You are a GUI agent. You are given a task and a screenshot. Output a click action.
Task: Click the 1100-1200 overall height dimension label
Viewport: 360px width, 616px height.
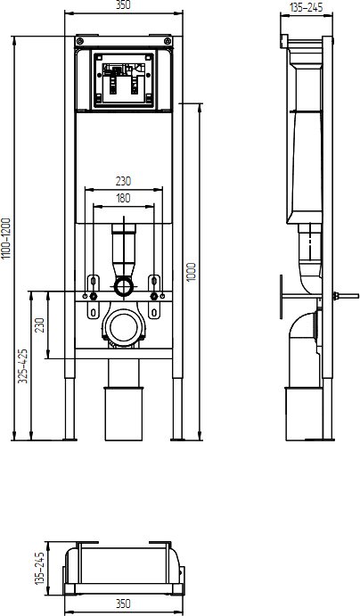(6, 238)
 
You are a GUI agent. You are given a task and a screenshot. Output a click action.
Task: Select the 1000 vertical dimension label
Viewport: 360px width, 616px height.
(192, 272)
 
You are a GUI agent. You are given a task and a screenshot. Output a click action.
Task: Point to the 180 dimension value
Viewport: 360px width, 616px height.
(123, 199)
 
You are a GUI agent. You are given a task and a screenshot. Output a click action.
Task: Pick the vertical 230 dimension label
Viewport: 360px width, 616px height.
(40, 324)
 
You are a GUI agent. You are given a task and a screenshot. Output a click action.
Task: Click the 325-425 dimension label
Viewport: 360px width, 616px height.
(23, 365)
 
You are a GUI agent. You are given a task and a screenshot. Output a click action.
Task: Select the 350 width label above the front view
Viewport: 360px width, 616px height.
(123, 4)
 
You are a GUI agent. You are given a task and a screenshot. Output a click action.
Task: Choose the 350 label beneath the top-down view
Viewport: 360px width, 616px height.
(123, 604)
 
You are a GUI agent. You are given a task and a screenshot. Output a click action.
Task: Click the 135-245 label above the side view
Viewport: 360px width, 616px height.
(307, 7)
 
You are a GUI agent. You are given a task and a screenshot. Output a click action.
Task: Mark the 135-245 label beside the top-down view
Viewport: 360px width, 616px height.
(39, 568)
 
